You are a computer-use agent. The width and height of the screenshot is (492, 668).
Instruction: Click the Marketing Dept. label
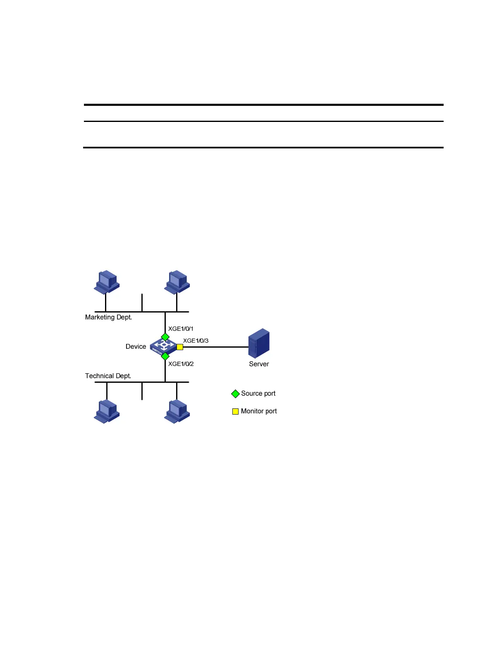click(x=108, y=317)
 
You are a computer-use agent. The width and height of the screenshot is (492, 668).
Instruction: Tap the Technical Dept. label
click(x=108, y=376)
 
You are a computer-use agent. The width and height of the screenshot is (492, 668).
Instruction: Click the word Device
click(x=136, y=346)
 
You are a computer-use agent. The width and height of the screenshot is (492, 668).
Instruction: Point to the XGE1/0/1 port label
click(x=181, y=329)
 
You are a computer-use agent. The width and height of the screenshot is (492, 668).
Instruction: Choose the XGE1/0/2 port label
click(x=181, y=364)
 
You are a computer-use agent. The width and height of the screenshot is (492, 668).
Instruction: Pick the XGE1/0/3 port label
click(x=196, y=341)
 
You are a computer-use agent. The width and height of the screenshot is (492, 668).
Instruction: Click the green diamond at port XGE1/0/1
click(x=165, y=337)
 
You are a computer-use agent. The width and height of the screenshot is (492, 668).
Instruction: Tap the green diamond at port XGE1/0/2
click(x=165, y=356)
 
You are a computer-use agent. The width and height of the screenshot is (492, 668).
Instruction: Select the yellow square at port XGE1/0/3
click(x=180, y=347)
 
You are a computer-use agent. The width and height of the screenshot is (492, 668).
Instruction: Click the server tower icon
click(x=259, y=343)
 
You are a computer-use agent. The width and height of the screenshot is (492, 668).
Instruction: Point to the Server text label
click(x=259, y=364)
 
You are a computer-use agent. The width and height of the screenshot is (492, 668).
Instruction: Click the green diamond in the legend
click(x=235, y=394)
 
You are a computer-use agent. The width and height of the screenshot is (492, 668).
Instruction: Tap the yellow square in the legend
click(x=235, y=411)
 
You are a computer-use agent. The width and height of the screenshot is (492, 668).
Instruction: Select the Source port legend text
click(x=258, y=394)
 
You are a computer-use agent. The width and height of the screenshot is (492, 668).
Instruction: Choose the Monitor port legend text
click(x=259, y=411)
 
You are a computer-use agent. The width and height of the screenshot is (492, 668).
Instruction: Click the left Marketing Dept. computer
click(x=107, y=282)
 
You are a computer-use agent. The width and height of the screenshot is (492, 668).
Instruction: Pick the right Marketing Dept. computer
click(x=177, y=282)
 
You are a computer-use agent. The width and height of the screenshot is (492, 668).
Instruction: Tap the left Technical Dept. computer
click(x=107, y=411)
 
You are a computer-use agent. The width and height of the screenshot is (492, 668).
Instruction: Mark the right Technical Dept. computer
click(x=177, y=411)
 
